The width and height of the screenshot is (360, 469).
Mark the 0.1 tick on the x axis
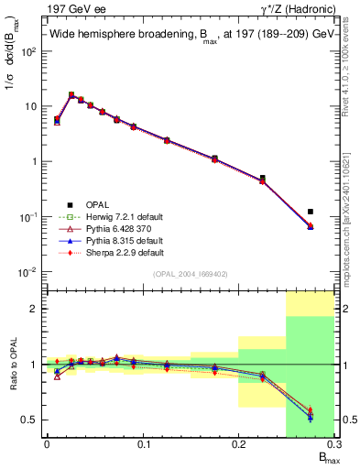click(x=143, y=446)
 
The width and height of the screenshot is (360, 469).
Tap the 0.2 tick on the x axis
click(x=239, y=446)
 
